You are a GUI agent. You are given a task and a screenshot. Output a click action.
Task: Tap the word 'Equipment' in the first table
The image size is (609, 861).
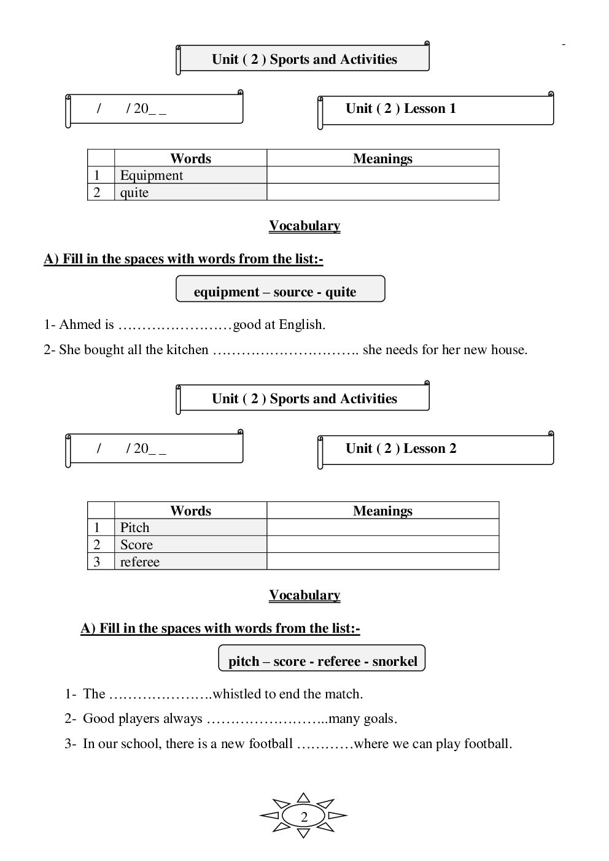(152, 176)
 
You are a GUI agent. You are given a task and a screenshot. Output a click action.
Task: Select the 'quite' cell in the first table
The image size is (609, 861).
(134, 193)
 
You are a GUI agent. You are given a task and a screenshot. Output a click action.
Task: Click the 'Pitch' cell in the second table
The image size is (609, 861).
(135, 528)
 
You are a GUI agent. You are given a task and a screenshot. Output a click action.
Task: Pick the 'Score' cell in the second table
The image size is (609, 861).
(136, 545)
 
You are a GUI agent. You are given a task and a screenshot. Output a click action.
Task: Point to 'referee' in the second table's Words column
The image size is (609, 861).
(140, 562)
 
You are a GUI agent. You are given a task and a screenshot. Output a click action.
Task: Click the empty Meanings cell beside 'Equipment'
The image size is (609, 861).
(382, 176)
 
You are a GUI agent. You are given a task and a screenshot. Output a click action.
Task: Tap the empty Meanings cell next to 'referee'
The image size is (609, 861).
(382, 562)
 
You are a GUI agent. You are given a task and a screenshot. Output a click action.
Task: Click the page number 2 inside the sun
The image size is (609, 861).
(304, 817)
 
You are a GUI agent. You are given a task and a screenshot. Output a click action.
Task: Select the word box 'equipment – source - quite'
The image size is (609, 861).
(280, 292)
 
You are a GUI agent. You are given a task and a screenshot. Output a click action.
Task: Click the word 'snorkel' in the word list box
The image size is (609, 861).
(395, 662)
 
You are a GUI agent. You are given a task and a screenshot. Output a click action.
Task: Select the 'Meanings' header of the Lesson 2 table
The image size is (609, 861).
(382, 511)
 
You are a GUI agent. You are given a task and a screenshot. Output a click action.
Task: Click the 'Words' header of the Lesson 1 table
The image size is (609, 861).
(190, 158)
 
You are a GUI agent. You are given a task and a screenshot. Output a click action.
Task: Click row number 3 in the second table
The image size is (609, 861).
(97, 562)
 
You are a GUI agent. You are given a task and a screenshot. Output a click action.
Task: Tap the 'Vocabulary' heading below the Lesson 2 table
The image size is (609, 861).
(304, 595)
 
